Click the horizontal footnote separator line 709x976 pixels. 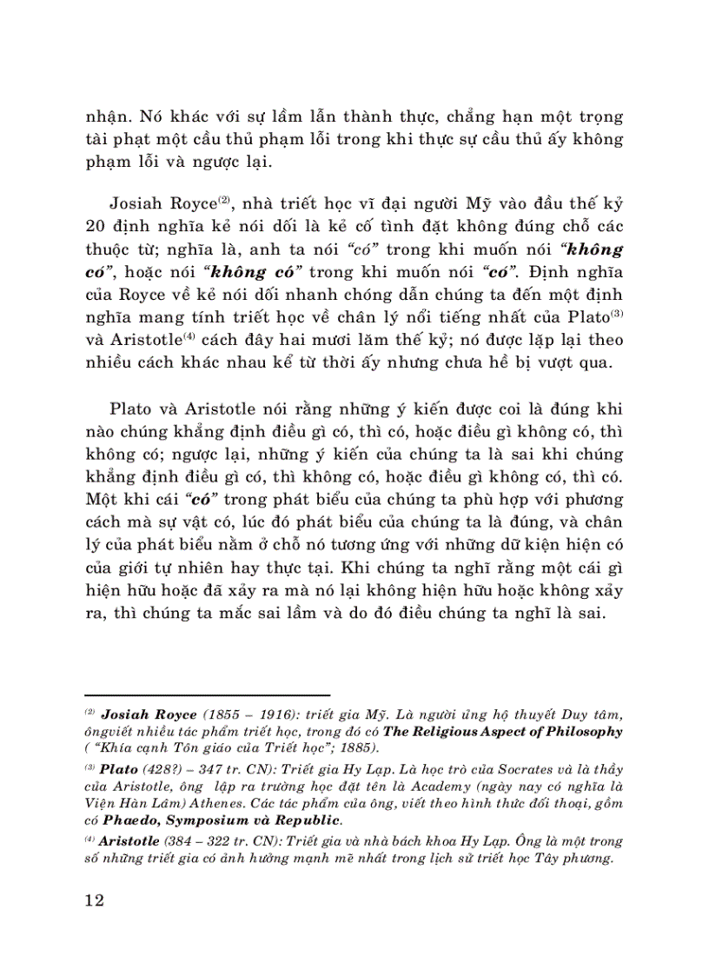click(x=208, y=695)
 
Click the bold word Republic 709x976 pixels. click(x=308, y=820)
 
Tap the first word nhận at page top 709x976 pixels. click(x=106, y=116)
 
